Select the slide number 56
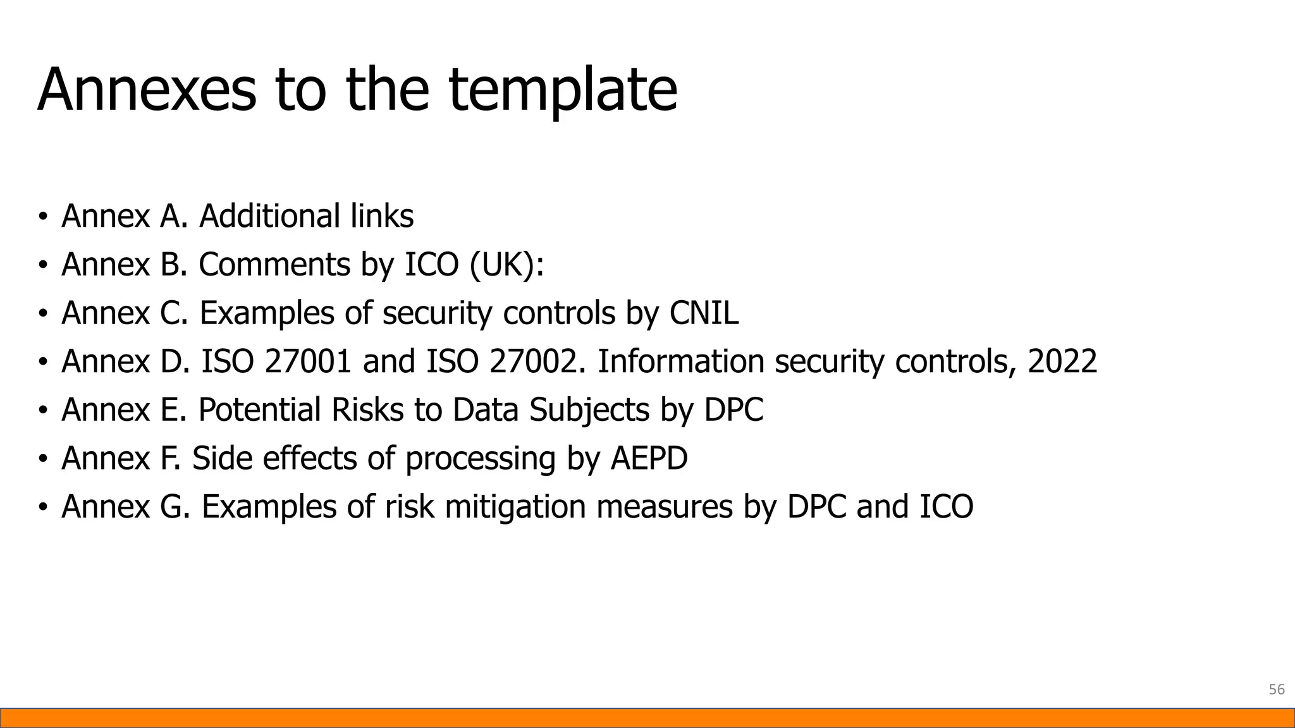(x=1277, y=689)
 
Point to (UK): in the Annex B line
(x=506, y=264)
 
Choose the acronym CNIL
(x=703, y=313)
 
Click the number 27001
(x=307, y=361)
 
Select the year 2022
(x=1062, y=361)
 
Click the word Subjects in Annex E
(x=589, y=409)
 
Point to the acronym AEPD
(x=649, y=458)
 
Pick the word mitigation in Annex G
(x=515, y=507)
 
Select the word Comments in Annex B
(x=274, y=264)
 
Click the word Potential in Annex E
(x=260, y=409)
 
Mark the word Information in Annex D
(x=680, y=361)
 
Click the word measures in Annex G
(x=664, y=507)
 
